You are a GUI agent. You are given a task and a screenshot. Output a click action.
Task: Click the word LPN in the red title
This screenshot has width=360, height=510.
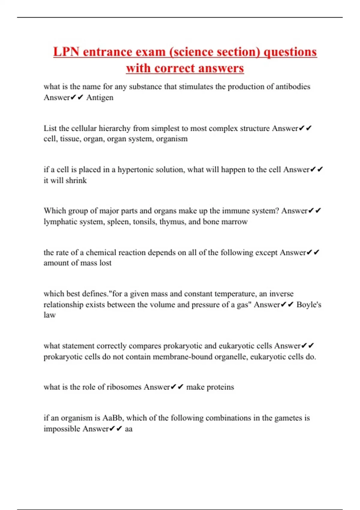(66, 52)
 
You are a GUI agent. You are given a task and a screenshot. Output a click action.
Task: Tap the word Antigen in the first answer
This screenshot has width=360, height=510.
(100, 97)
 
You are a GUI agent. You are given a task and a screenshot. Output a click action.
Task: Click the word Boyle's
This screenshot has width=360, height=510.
(309, 304)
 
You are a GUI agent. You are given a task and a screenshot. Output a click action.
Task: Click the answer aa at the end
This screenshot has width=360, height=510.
(129, 429)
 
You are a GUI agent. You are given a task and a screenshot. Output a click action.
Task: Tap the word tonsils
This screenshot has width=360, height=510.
(146, 222)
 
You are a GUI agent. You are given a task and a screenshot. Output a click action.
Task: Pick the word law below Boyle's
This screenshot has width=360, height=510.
(49, 315)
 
